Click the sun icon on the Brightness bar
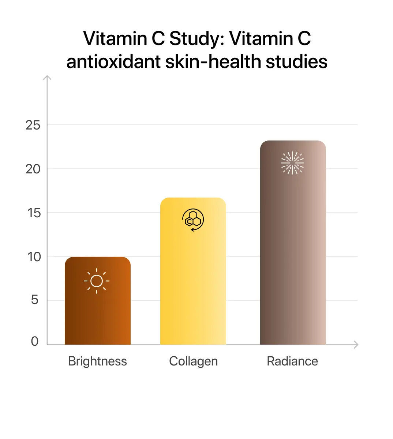click(x=97, y=281)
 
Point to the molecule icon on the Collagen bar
click(x=193, y=220)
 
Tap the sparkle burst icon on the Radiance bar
click(x=292, y=163)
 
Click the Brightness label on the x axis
click(x=97, y=361)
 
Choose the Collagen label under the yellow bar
click(x=193, y=361)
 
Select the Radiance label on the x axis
click(x=292, y=361)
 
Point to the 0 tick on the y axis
click(x=35, y=341)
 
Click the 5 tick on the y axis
click(x=35, y=300)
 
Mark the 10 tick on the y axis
click(x=34, y=257)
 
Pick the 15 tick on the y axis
click(x=34, y=213)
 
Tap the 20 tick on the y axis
click(x=33, y=169)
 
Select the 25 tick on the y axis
click(x=33, y=125)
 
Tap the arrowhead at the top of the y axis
click(x=47, y=77)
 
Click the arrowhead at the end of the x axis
click(x=356, y=344)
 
